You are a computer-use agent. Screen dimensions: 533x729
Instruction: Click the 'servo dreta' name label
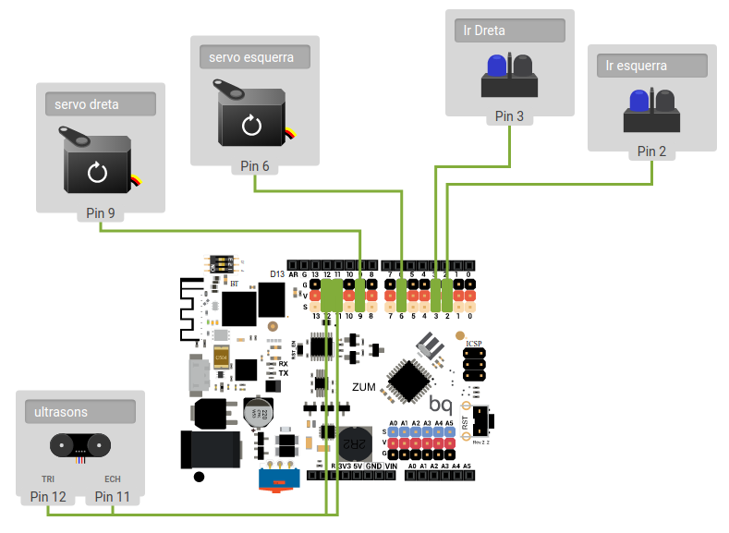[100, 104]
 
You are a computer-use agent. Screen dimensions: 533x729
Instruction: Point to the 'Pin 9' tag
[101, 213]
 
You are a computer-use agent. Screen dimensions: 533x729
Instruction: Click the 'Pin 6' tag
[255, 166]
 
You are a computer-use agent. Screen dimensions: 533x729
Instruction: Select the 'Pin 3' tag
[509, 116]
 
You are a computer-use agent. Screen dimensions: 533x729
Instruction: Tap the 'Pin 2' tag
[651, 151]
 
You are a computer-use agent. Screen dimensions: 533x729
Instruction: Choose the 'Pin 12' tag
[48, 497]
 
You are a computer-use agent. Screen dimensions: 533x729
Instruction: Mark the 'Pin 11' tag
[113, 497]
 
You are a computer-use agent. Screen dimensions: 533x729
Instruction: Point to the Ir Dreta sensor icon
[509, 76]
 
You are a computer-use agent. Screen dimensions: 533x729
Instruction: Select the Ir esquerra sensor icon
[651, 110]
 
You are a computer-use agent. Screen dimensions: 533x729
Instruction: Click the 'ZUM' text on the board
[364, 387]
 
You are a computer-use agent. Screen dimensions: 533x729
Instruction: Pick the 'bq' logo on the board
[440, 404]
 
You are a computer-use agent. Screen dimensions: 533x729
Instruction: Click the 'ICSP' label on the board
[474, 344]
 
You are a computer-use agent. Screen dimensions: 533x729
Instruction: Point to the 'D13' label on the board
[277, 274]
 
